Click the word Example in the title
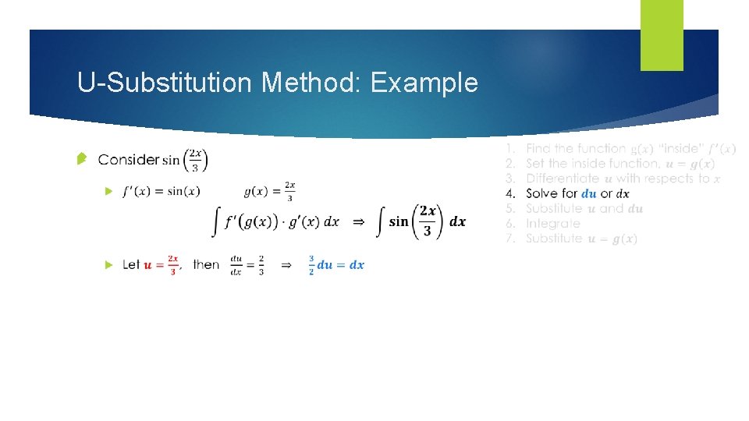click(424, 83)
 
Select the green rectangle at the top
click(662, 35)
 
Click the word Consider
click(129, 160)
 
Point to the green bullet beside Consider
click(82, 159)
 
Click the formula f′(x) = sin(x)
click(161, 191)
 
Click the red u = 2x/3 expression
click(162, 265)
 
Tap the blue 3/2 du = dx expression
click(336, 265)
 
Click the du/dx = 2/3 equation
click(247, 265)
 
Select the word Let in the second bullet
click(131, 265)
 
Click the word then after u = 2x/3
click(206, 265)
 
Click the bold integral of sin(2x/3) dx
click(421, 221)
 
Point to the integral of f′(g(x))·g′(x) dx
click(277, 221)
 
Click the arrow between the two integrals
click(358, 222)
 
